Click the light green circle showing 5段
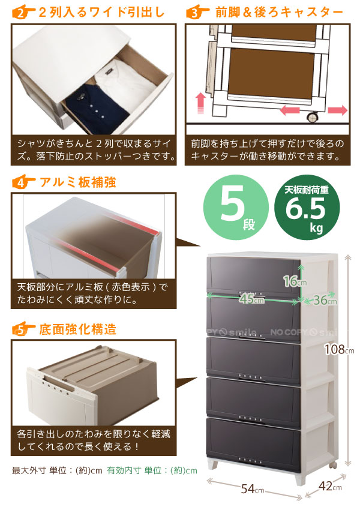pyautogui.click(x=236, y=207)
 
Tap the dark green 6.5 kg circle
pyautogui.click(x=307, y=207)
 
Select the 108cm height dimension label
pyautogui.click(x=339, y=349)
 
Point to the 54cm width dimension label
pyautogui.click(x=252, y=488)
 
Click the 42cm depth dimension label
pyautogui.click(x=330, y=486)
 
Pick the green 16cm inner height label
pyautogui.click(x=295, y=281)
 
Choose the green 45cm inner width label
pyautogui.click(x=252, y=299)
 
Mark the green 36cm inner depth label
pyautogui.click(x=325, y=300)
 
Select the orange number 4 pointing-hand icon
pyautogui.click(x=23, y=182)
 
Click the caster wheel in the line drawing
pyautogui.click(x=312, y=118)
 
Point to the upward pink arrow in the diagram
pyautogui.click(x=201, y=103)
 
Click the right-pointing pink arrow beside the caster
pyautogui.click(x=337, y=110)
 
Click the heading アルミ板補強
pyautogui.click(x=78, y=182)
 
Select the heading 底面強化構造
pyautogui.click(x=77, y=329)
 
